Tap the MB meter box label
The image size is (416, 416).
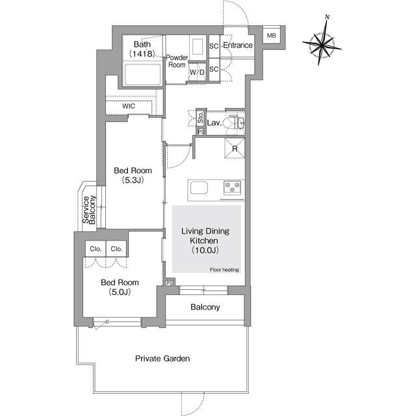pos(271,36)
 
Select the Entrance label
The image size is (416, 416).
pos(238,45)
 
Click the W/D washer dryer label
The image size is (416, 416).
pos(198,72)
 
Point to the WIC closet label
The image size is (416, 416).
pos(129,106)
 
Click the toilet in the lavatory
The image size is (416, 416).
pos(231,123)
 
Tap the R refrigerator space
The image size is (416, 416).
pos(235,149)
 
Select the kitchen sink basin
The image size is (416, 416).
pos(199,188)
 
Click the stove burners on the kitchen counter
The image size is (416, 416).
pos(233,187)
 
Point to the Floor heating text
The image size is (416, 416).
pos(224,270)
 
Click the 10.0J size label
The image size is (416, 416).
pos(205,250)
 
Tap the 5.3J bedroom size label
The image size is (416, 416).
pos(133,180)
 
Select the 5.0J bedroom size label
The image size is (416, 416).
pos(120,292)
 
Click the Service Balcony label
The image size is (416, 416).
pos(89,210)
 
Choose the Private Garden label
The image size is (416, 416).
pos(162,359)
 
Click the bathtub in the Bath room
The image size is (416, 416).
pos(143,75)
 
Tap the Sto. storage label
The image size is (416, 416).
pos(201,118)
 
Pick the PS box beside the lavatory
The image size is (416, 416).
pos(201,132)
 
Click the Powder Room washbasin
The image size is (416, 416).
pos(197,47)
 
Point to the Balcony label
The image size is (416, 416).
pos(205,307)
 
